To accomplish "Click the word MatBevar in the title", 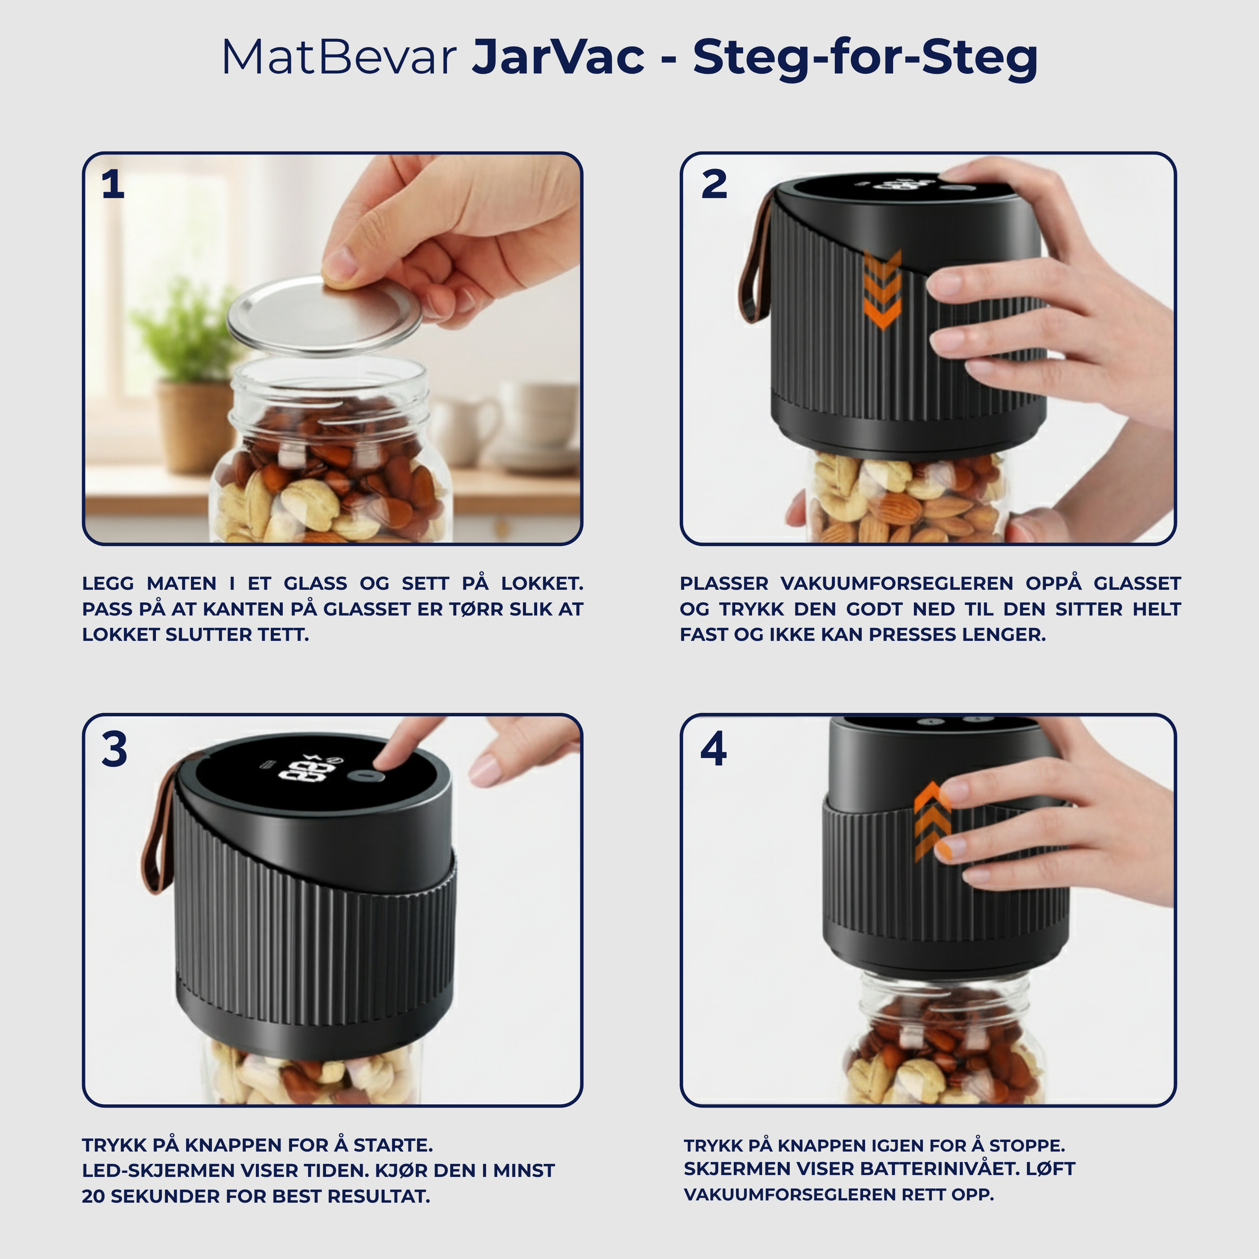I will [x=338, y=58].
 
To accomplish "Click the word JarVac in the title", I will [x=558, y=58].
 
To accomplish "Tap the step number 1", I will [x=113, y=185].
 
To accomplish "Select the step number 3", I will [x=114, y=749].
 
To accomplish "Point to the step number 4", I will [x=714, y=749].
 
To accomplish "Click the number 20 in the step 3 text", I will [x=93, y=1196].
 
